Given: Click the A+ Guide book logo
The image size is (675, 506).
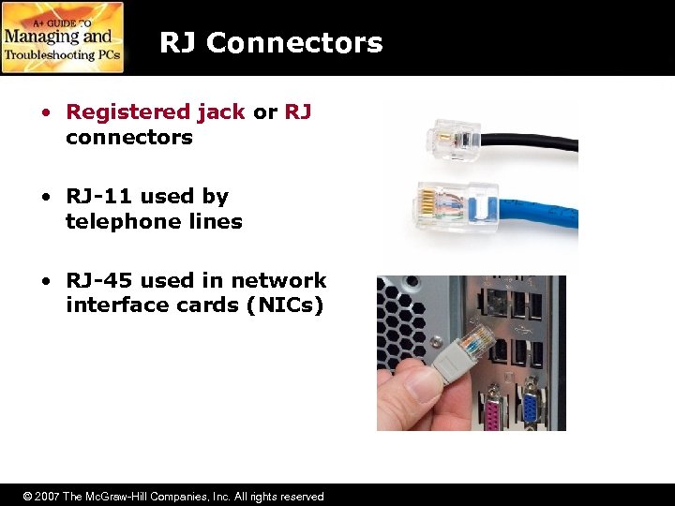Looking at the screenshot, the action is [63, 37].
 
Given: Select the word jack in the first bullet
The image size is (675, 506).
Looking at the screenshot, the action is [221, 112].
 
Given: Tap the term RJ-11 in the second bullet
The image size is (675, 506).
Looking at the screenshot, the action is [100, 197].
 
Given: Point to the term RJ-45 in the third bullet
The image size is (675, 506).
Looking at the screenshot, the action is [100, 281].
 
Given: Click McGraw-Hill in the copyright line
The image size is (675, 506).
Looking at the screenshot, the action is [122, 497].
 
